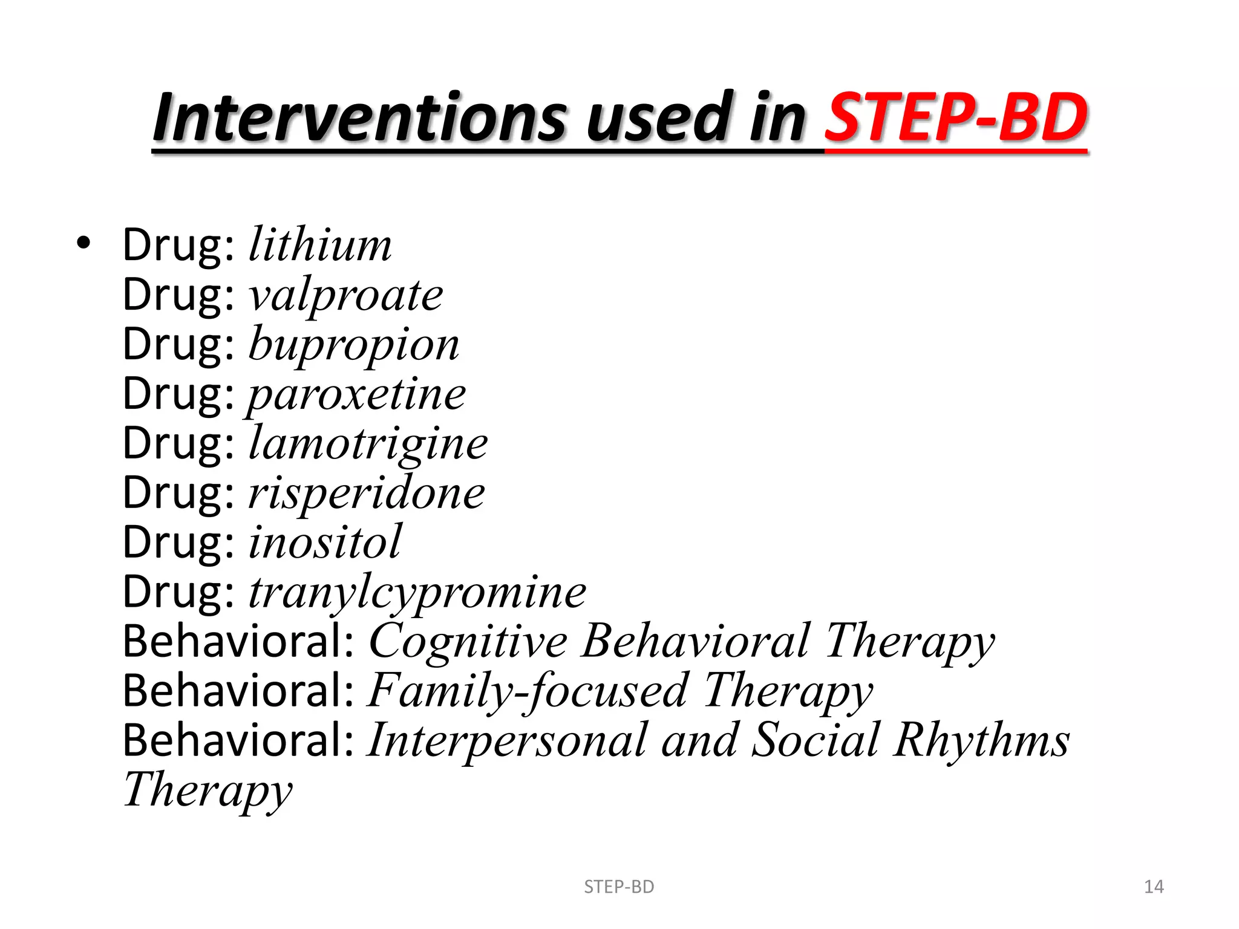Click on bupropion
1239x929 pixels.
click(354, 345)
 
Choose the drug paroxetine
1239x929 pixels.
click(356, 394)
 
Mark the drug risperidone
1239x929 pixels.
click(367, 493)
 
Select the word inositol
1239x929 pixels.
click(325, 543)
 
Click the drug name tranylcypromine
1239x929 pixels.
click(417, 592)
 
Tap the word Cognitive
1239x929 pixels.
click(468, 641)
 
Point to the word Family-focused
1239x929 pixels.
click(527, 691)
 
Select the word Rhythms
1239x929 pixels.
click(982, 740)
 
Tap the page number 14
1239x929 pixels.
click(1154, 887)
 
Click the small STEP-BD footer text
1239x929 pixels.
click(619, 887)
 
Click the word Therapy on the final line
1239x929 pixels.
click(208, 790)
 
